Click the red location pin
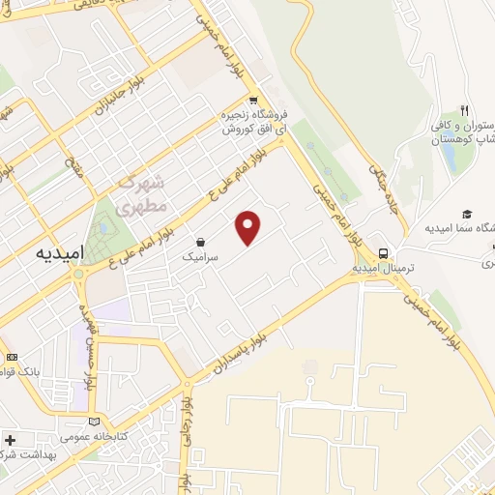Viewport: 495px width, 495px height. pos(249,227)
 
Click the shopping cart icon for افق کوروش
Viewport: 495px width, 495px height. pos(253,101)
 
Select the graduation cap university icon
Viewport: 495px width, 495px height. pos(468,214)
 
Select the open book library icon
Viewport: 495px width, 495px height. pos(94,422)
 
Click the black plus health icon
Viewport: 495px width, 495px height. pos(11,440)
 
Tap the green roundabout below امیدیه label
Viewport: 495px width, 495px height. pos(78,274)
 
